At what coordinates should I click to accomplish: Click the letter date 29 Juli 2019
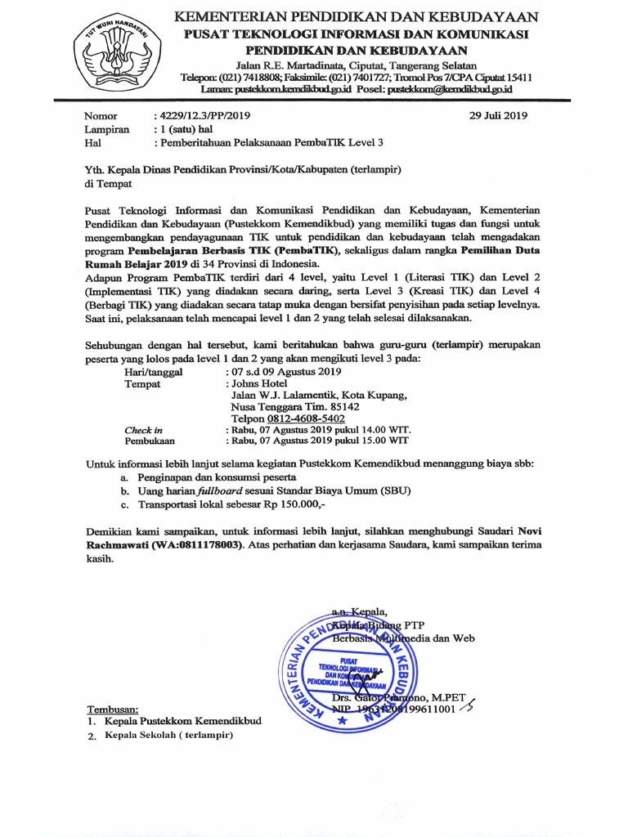pyautogui.click(x=498, y=115)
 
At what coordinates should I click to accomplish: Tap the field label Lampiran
pyautogui.click(x=106, y=129)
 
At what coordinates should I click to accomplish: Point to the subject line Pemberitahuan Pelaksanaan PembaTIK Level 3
pyautogui.click(x=271, y=142)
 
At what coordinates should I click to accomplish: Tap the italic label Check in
pyautogui.click(x=143, y=430)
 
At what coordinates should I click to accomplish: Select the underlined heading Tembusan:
pyautogui.click(x=113, y=709)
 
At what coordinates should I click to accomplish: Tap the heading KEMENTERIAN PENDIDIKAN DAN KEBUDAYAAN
pyautogui.click(x=357, y=17)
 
